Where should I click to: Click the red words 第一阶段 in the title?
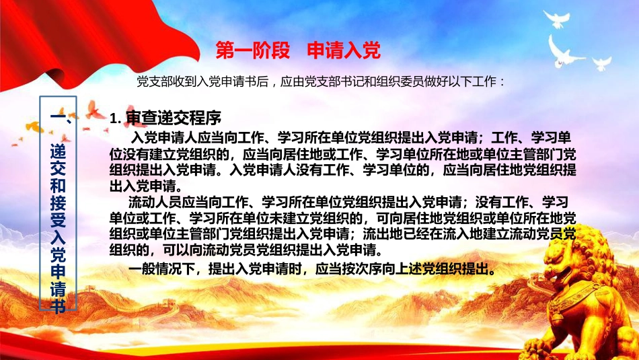(253, 50)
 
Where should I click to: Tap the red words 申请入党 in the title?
(344, 50)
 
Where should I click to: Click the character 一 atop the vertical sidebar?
(58, 117)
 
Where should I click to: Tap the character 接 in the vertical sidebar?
(58, 203)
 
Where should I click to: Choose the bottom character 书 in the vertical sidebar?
(58, 305)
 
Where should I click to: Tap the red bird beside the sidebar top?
(95, 110)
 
